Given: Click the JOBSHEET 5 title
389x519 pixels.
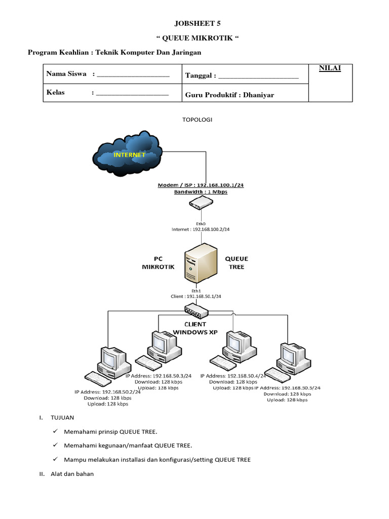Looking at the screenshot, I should click(198, 23).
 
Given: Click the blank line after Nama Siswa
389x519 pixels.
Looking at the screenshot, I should click(132, 75).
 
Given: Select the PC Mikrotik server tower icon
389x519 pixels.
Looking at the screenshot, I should click(201, 264).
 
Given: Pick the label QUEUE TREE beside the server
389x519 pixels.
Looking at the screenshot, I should click(237, 263).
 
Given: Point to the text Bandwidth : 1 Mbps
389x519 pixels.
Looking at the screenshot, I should click(201, 192).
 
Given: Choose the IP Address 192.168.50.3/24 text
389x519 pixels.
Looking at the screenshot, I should click(159, 376).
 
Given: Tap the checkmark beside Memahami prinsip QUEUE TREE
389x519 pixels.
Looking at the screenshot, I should click(55, 431).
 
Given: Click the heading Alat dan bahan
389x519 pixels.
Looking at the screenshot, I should click(72, 474).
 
